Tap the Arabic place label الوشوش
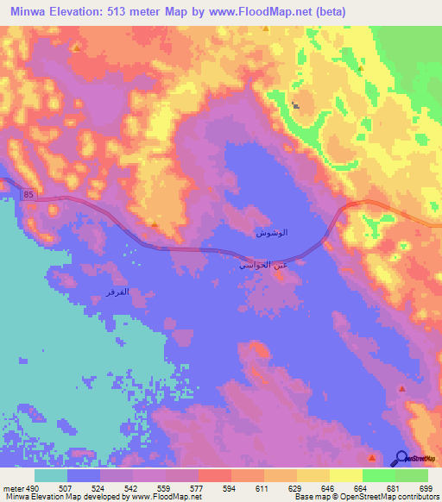click(272, 234)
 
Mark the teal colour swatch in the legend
click(51, 476)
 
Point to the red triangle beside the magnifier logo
click(372, 457)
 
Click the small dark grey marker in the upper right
click(296, 106)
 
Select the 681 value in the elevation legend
click(395, 488)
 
